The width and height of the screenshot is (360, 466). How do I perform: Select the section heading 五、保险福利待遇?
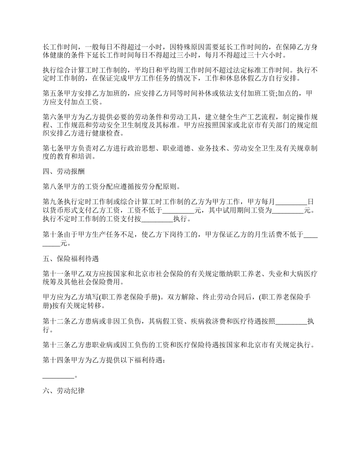click(x=71, y=259)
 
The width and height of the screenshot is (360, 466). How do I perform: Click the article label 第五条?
click(x=53, y=93)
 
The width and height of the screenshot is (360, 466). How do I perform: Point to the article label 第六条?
click(x=53, y=115)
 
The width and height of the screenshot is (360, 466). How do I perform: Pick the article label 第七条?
click(x=53, y=149)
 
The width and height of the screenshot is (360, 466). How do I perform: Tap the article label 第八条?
click(x=53, y=186)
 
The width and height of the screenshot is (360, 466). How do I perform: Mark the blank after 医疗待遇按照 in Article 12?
click(x=291, y=322)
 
